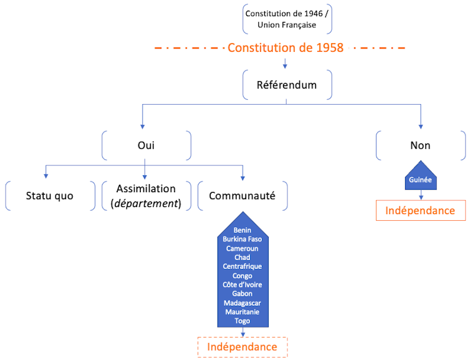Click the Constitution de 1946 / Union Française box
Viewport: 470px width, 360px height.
(287, 19)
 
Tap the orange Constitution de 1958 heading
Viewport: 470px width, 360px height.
(285, 47)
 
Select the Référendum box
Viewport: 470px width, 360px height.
(287, 85)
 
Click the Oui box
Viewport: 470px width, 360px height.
(146, 145)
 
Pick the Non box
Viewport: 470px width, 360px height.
(421, 145)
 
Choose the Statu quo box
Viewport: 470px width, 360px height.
(50, 196)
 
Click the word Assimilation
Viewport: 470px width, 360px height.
(146, 188)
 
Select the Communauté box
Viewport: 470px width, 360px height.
(242, 196)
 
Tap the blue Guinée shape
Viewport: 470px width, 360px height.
(420, 179)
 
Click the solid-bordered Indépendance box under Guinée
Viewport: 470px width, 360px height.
(420, 210)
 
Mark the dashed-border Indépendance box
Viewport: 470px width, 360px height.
(242, 346)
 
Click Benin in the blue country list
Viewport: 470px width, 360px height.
(242, 230)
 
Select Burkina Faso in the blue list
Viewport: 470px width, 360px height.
(242, 239)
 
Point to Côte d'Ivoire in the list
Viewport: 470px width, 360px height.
(242, 285)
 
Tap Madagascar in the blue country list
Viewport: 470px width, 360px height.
(242, 303)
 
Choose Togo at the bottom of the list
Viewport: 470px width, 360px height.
(242, 321)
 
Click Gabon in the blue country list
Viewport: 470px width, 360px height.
(242, 293)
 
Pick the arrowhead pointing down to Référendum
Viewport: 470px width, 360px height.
(285, 65)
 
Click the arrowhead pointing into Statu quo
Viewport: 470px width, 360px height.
(46, 176)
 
